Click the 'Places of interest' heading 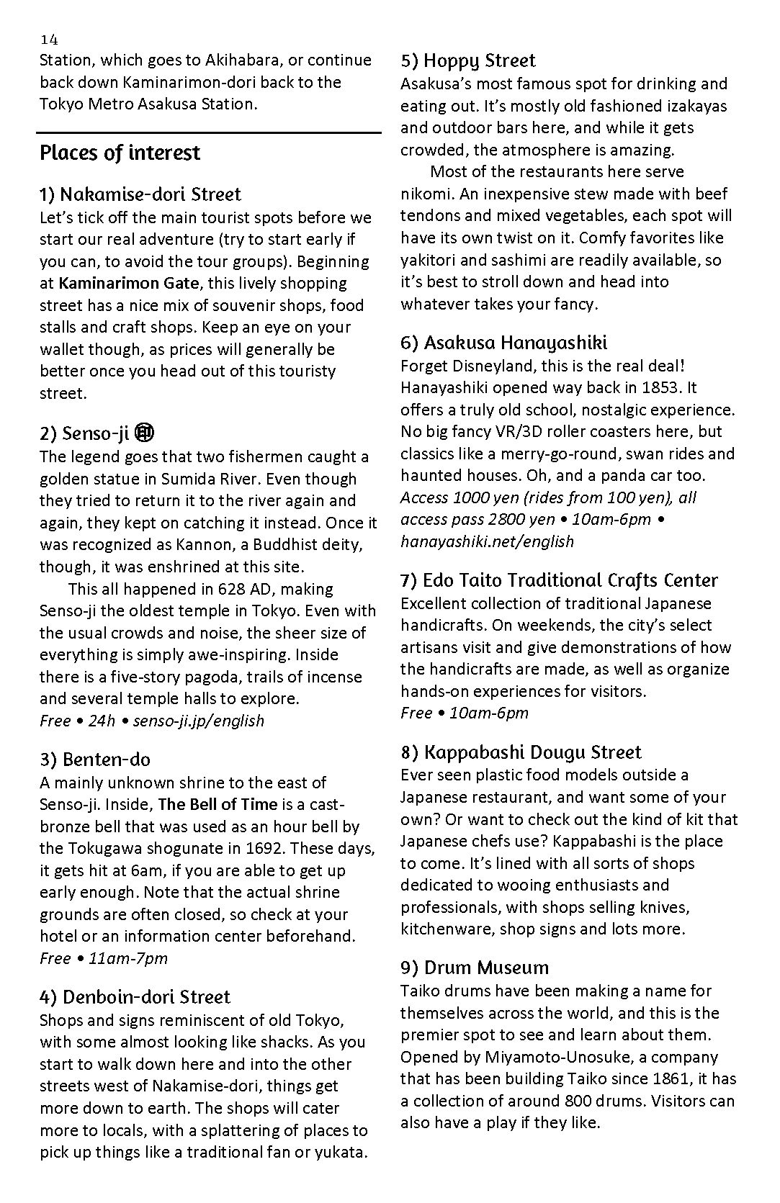click(120, 153)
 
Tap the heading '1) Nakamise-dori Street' click(140, 194)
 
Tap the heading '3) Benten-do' click(95, 760)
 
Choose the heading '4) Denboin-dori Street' click(135, 997)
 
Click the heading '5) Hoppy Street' click(468, 60)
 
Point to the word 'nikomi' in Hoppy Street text click(424, 194)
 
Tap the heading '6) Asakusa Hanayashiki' click(504, 343)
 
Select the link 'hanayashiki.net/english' click(487, 541)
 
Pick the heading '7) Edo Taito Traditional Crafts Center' click(560, 580)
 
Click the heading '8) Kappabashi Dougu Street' click(521, 752)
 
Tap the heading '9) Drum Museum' click(475, 968)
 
